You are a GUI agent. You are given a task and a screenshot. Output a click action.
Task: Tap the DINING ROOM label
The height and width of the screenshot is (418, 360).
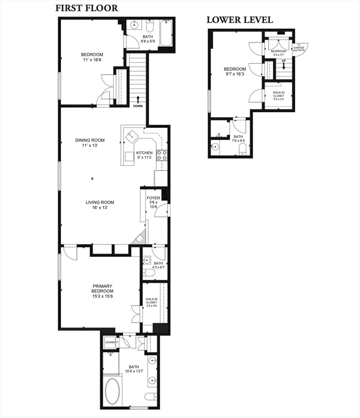coord(89,140)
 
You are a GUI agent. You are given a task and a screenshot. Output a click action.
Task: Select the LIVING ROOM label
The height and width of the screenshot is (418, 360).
coord(100,203)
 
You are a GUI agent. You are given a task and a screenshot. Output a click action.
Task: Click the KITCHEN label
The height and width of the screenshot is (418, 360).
coord(144,153)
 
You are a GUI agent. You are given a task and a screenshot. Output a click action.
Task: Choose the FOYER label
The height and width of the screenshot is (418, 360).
coord(153,198)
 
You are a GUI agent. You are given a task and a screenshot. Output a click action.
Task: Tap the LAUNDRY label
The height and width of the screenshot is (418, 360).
coord(111,342)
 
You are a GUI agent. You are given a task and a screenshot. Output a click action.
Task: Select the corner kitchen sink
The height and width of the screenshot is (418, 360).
coord(131,134)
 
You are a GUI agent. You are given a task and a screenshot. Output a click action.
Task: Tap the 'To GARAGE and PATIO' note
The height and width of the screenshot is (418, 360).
coord(299,47)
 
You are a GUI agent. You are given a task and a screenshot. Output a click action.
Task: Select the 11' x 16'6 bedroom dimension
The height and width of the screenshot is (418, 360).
coord(92,60)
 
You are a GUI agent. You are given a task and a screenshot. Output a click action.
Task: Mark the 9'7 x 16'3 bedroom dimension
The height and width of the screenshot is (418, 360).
coord(235,75)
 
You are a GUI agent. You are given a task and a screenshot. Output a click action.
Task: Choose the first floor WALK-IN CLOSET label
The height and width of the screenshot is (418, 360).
coord(151,300)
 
